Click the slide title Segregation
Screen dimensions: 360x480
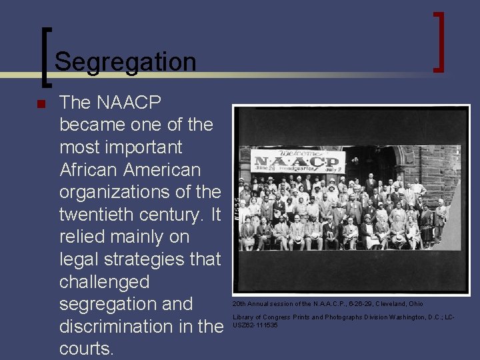point(125,62)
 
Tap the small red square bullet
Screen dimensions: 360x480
point(40,104)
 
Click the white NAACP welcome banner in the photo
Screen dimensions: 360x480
point(299,161)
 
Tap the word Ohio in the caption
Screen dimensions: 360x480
point(416,303)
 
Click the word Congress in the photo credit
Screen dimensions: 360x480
point(276,317)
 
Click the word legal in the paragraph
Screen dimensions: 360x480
point(77,259)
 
